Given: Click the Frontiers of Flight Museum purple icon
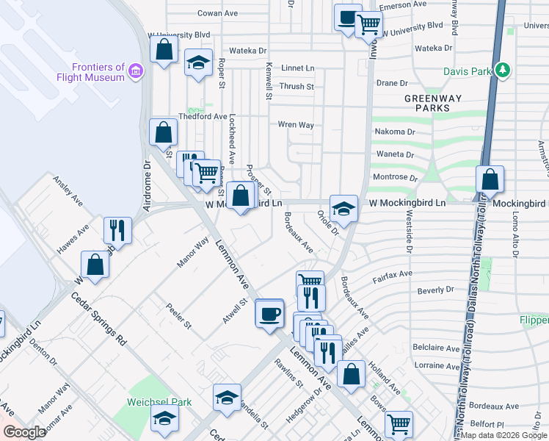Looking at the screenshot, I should point(135,71).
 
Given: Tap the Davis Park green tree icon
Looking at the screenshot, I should point(503,71).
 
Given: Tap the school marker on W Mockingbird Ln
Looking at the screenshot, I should point(343,208).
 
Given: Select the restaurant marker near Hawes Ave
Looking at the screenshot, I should point(117,230).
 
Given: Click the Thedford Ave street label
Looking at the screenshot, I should point(203,116).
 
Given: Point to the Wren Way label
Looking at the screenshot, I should point(296,125).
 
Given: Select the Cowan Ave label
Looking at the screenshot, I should point(218,13).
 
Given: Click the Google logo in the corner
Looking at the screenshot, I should point(24,432).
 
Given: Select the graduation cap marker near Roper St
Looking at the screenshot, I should point(198,62).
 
